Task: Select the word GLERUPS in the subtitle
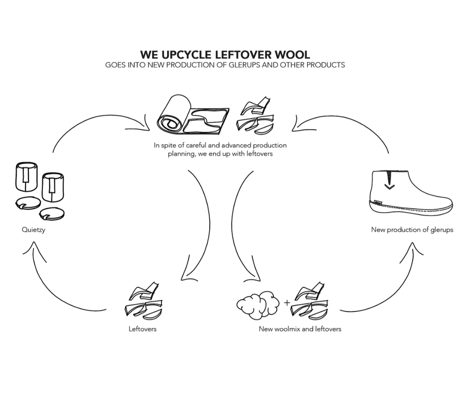[x=253, y=65]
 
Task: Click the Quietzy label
[x=33, y=230]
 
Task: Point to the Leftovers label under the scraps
[x=143, y=329]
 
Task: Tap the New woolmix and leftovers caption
[x=300, y=329]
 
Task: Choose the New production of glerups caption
[x=412, y=230]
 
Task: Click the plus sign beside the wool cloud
[x=287, y=303]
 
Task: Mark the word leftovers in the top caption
[x=259, y=153]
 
